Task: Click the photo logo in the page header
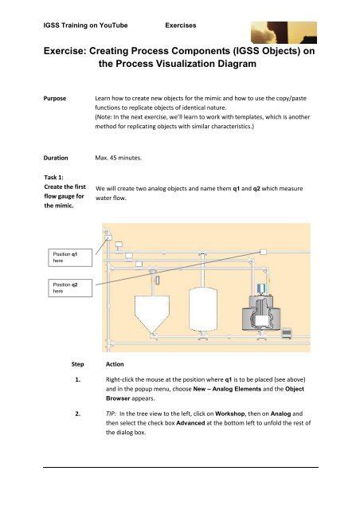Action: pyautogui.click(x=284, y=33)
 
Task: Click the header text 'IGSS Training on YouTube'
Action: pyautogui.click(x=85, y=25)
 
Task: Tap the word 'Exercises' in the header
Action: pyautogui.click(x=181, y=25)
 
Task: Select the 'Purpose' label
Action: pyautogui.click(x=55, y=99)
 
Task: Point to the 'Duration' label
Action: pyautogui.click(x=56, y=158)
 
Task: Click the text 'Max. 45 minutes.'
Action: pyautogui.click(x=118, y=158)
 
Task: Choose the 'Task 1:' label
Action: pyautogui.click(x=53, y=177)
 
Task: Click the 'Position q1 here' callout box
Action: pyautogui.click(x=70, y=257)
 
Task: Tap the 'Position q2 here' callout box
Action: pyautogui.click(x=70, y=288)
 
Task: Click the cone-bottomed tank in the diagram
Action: pyautogui.click(x=152, y=314)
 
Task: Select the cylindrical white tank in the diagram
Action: pyautogui.click(x=203, y=309)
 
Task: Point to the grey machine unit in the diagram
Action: pyautogui.click(x=261, y=313)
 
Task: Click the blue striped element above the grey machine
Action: pyautogui.click(x=261, y=288)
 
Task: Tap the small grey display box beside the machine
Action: pyautogui.click(x=287, y=333)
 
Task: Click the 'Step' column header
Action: pyautogui.click(x=78, y=364)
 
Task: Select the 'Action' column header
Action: pyautogui.click(x=115, y=364)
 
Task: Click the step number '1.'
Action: pyautogui.click(x=78, y=379)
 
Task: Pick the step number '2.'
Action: pyautogui.click(x=78, y=414)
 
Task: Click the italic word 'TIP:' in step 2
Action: pyautogui.click(x=111, y=414)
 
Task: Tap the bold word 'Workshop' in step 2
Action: pyautogui.click(x=230, y=414)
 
